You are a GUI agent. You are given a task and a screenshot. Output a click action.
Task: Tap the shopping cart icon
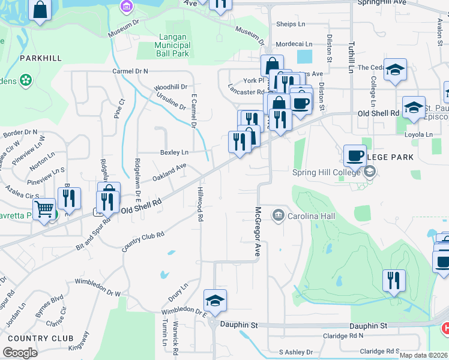point(44,209)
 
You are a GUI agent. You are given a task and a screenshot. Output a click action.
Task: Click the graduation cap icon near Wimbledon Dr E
point(215,300)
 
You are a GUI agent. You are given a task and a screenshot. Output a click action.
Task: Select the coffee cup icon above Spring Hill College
point(355,155)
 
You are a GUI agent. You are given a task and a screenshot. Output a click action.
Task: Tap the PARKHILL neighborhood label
point(40,58)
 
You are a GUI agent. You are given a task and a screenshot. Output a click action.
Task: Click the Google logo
point(20,353)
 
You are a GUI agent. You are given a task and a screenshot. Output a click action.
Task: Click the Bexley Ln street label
point(174,152)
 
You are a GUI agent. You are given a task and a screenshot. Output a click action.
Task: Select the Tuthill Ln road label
point(351,57)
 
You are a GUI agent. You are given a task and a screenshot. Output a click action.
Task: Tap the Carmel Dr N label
point(130,71)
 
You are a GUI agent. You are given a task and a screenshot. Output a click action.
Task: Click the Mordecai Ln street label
point(294,44)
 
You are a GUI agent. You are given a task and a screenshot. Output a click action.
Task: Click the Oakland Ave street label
point(169,173)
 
